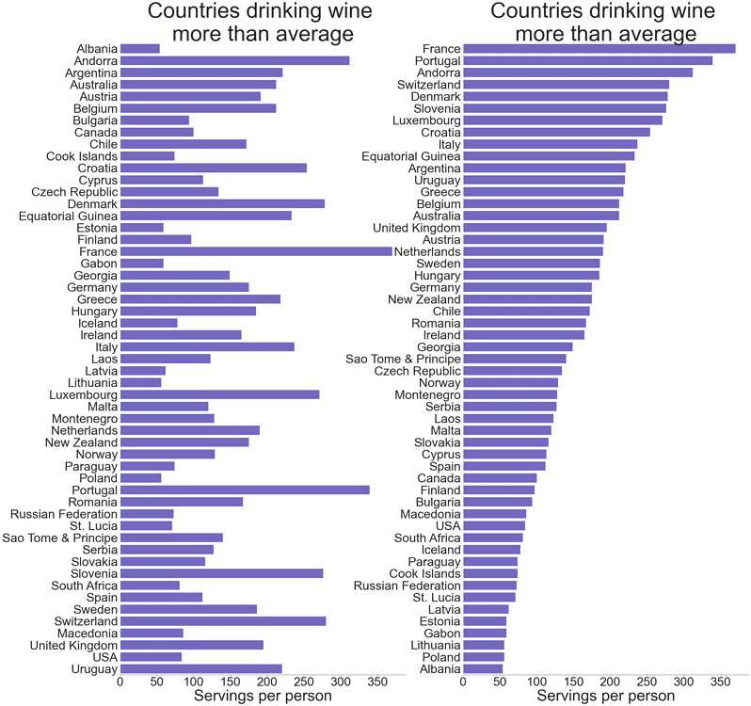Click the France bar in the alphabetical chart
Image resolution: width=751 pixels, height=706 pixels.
click(x=256, y=251)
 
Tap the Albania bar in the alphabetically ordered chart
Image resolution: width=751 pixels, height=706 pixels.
click(x=140, y=49)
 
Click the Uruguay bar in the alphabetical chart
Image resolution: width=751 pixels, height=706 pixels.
click(x=201, y=669)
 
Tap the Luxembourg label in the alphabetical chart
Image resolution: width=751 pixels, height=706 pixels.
click(x=84, y=395)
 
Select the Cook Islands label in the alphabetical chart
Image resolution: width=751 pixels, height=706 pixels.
click(x=82, y=156)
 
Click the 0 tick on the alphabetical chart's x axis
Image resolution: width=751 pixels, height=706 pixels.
click(x=120, y=682)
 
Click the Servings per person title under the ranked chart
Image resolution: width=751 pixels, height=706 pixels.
click(x=605, y=697)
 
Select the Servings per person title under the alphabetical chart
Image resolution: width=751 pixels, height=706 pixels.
click(x=263, y=697)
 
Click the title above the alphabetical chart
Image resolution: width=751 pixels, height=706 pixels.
click(x=260, y=23)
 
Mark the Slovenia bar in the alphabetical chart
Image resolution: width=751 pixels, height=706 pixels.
click(x=222, y=573)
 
